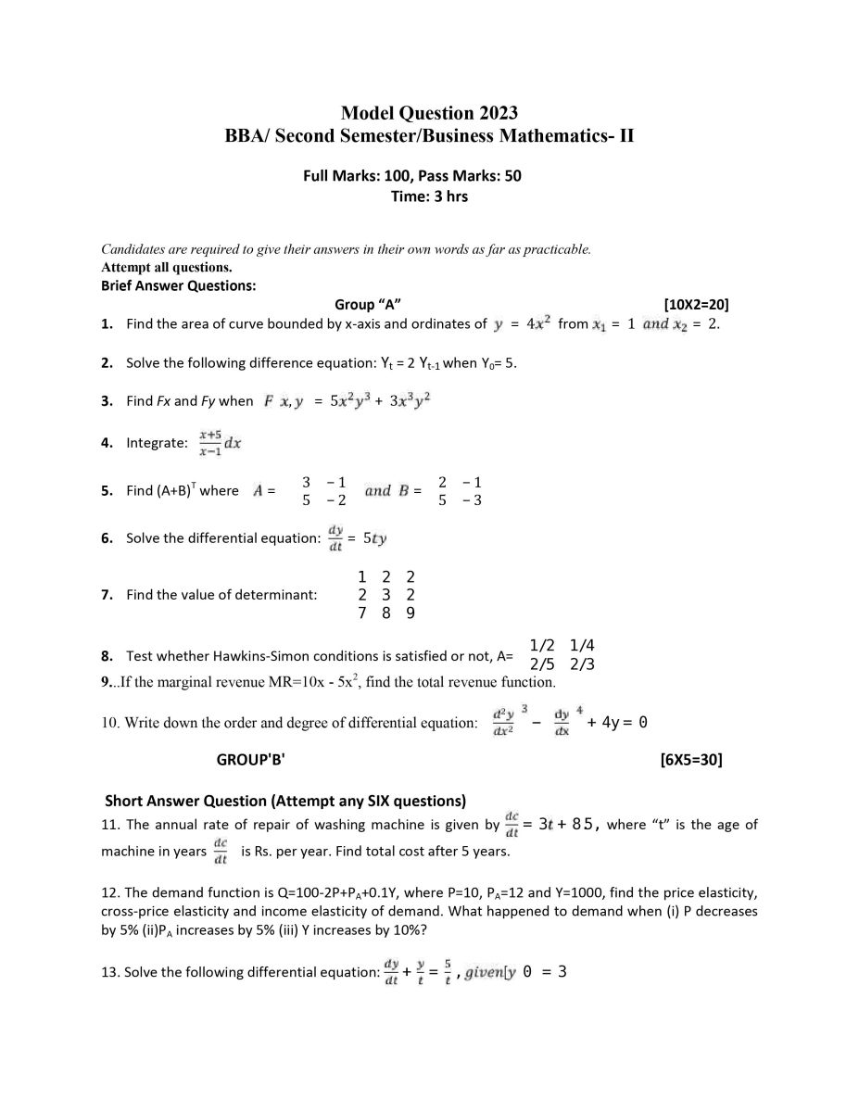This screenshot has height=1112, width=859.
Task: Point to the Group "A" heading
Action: point(368,304)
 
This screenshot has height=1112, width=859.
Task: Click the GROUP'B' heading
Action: point(250,760)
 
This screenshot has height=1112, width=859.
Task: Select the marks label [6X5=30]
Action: point(691,760)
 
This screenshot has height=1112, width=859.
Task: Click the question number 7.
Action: point(107,595)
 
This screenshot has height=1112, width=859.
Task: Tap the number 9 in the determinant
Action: point(411,613)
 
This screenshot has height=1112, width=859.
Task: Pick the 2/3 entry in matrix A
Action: point(582,664)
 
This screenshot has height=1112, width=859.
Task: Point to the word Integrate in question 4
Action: point(157,443)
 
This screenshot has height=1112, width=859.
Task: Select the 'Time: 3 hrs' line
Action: point(430,196)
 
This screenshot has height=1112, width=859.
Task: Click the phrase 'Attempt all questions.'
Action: point(153,268)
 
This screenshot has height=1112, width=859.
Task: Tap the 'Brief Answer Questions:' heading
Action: point(178,285)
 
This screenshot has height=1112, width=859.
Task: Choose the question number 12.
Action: point(109,892)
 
